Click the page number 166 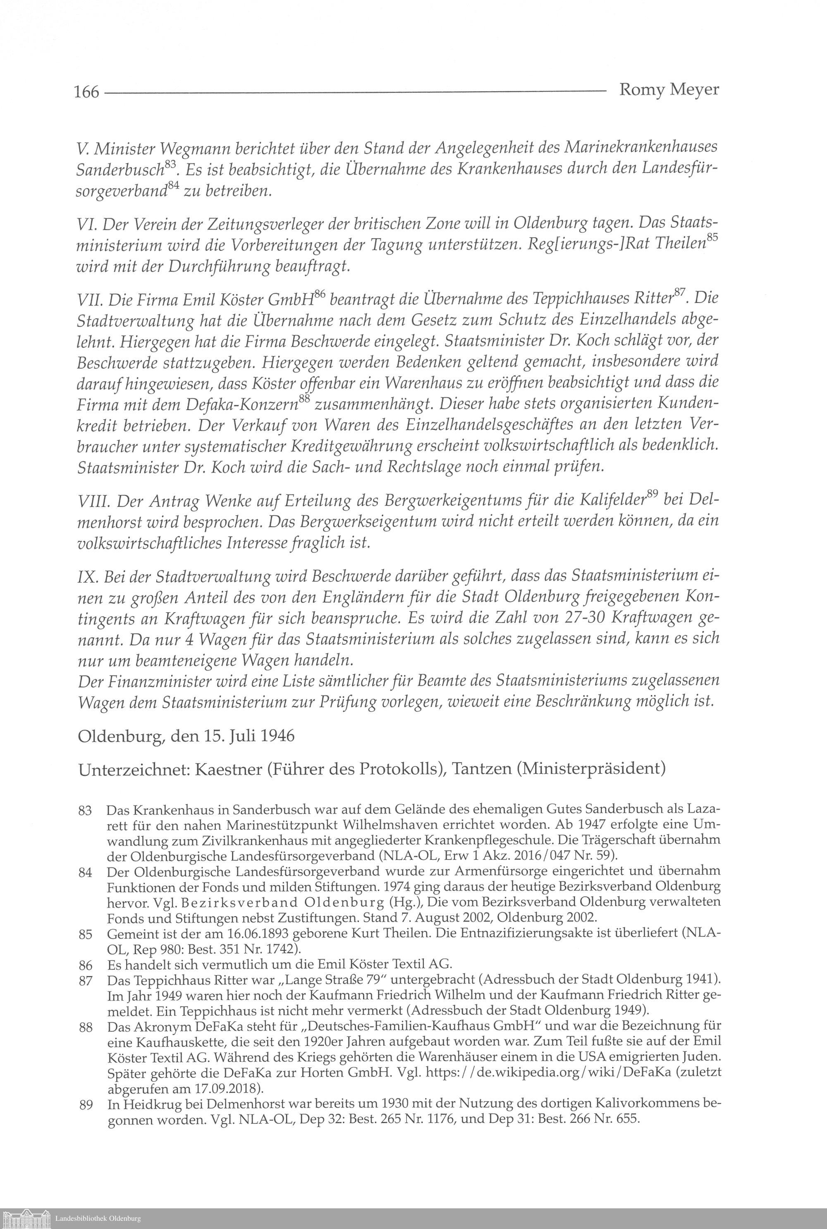tap(86, 91)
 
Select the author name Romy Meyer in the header tap(668, 90)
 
